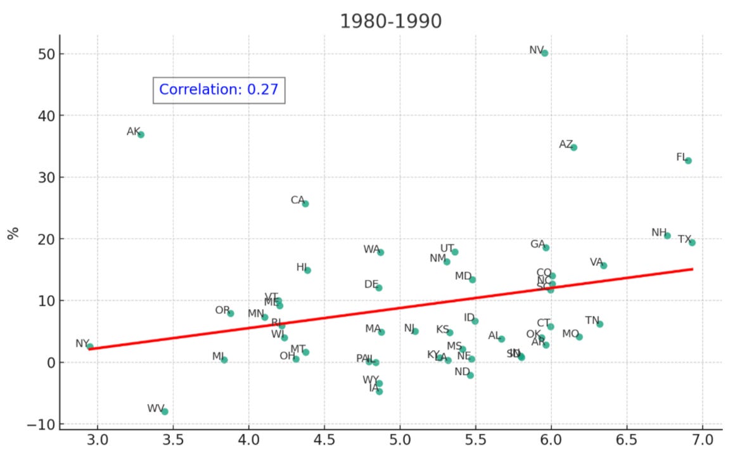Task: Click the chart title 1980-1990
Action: click(390, 21)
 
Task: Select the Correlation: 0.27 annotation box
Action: click(219, 89)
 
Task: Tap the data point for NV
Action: click(544, 53)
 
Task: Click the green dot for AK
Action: click(141, 134)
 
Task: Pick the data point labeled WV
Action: click(165, 411)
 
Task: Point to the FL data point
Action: click(688, 160)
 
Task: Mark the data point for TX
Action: click(692, 243)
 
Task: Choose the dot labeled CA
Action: click(305, 203)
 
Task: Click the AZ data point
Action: click(573, 147)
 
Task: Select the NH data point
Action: click(667, 236)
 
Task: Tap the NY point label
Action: click(82, 343)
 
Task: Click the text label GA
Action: click(537, 244)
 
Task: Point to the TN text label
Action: click(592, 320)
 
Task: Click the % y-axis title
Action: click(13, 232)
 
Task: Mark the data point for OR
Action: click(231, 313)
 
